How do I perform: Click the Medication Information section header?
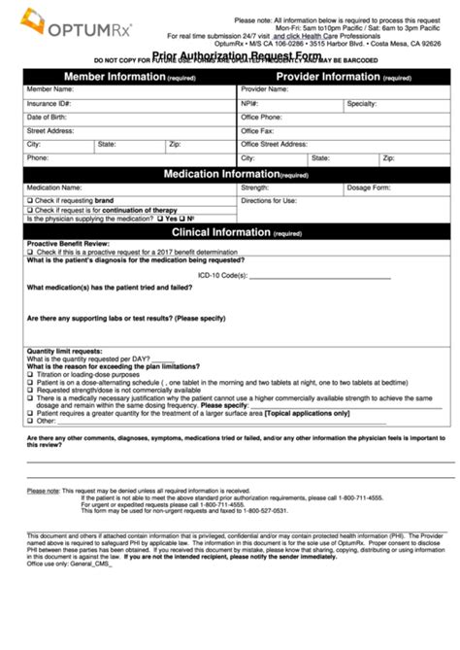229,174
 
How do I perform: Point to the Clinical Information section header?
229,233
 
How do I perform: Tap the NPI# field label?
250,102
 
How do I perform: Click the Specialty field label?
361,102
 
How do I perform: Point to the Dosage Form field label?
368,188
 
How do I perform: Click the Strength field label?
255,188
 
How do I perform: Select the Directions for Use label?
269,200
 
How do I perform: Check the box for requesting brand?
30,200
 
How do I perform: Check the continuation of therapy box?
30,210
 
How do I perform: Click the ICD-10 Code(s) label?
247,275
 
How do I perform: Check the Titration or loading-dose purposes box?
30,373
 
